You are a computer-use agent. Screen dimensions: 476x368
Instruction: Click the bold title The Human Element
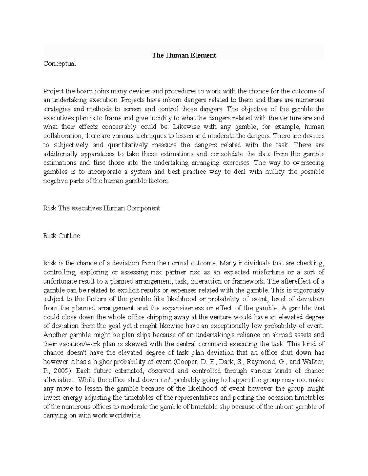[x=184, y=55]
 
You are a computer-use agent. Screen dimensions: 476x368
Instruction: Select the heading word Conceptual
[x=59, y=64]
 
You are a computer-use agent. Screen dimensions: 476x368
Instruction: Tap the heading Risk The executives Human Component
[x=102, y=208]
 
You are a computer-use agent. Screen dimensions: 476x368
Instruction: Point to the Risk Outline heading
[x=62, y=236]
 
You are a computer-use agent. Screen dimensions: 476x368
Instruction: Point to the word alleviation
[x=58, y=380]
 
